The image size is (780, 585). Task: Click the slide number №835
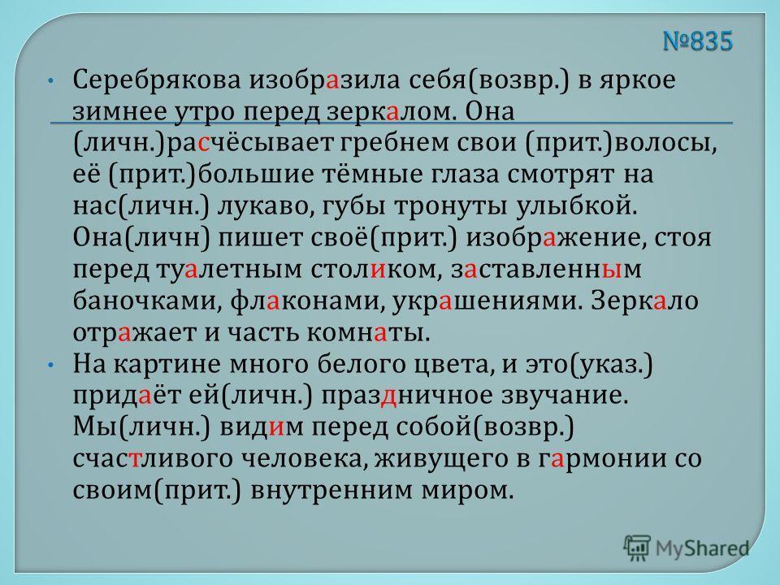pyautogui.click(x=698, y=41)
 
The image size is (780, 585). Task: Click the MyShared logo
pyautogui.click(x=686, y=548)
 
